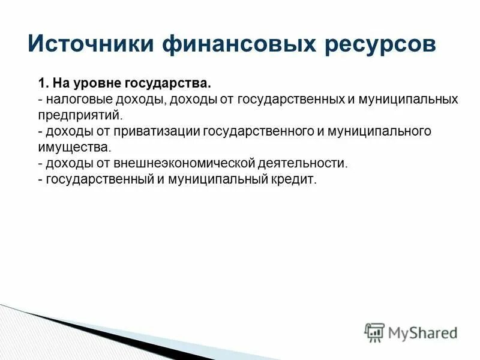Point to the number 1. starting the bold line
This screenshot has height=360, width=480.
(43, 82)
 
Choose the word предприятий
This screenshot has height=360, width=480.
(79, 115)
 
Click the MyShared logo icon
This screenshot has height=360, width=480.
(374, 332)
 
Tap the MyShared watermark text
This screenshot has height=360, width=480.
(423, 332)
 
